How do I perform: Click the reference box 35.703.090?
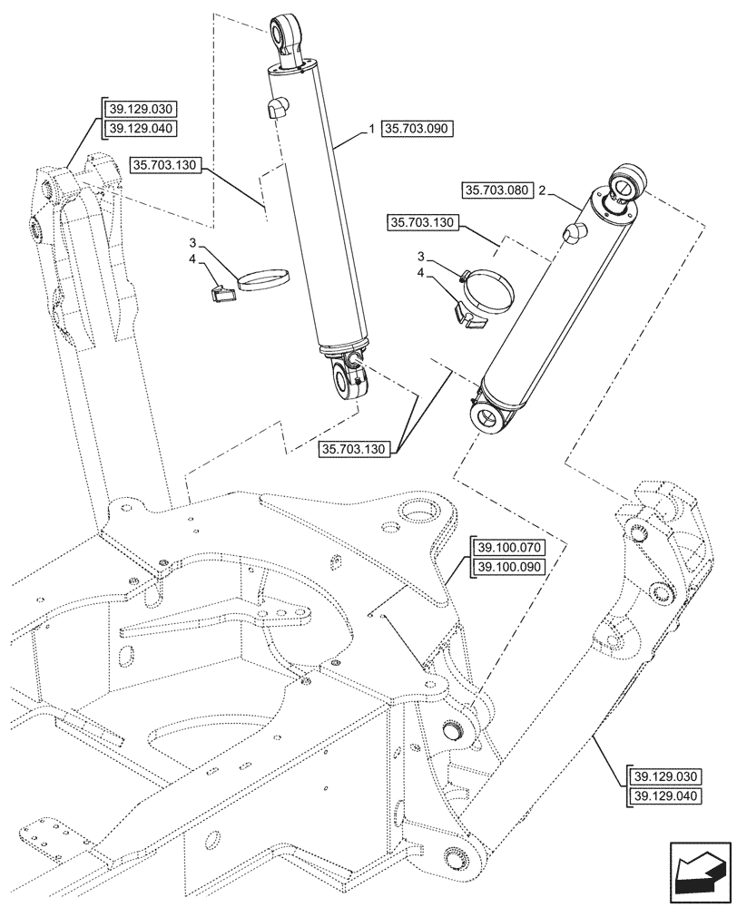click(417, 129)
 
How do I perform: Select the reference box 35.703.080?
click(496, 190)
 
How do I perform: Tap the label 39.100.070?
click(506, 548)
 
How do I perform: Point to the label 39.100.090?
click(506, 568)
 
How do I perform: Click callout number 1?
click(372, 130)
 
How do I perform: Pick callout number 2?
click(542, 190)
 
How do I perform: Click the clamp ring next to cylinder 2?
click(488, 291)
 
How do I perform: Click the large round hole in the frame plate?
click(423, 514)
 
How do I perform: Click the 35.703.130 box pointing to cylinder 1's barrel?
click(166, 164)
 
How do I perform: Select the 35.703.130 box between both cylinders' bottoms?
click(355, 449)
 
